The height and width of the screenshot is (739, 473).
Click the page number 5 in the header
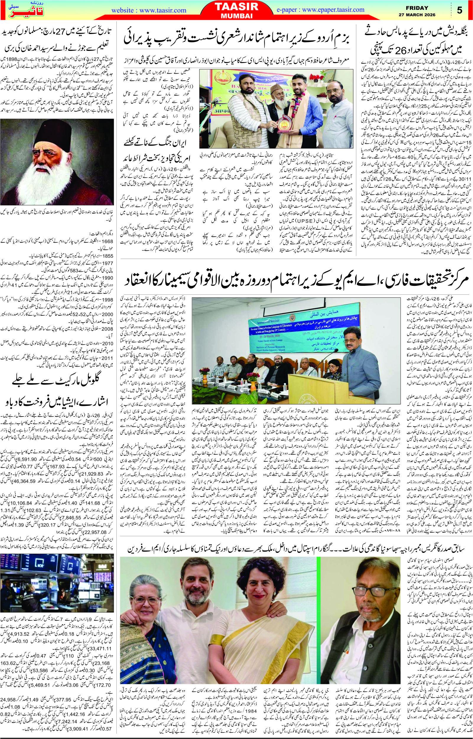pyautogui.click(x=459, y=10)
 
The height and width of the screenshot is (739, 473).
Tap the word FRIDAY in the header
pyautogui.click(x=417, y=8)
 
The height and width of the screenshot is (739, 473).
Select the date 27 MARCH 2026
pyautogui.click(x=417, y=15)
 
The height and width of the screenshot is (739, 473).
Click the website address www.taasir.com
pyautogui.click(x=149, y=10)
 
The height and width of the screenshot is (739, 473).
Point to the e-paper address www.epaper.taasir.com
pyautogui.click(x=320, y=9)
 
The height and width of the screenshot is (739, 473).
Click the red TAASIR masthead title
pyautogui.click(x=236, y=7)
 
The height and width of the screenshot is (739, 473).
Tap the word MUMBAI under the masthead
pyautogui.click(x=236, y=16)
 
